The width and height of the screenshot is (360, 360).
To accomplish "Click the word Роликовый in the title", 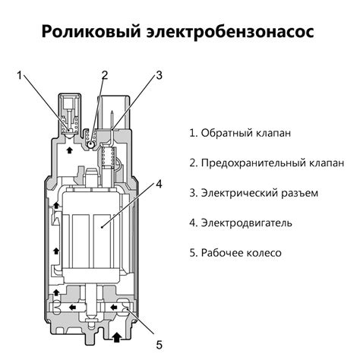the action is click(x=90, y=32).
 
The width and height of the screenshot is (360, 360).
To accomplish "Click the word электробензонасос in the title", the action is click(x=230, y=32).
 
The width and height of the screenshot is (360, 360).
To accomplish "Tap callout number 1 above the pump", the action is click(x=20, y=75).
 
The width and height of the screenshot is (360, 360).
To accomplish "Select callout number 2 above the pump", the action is click(x=105, y=75).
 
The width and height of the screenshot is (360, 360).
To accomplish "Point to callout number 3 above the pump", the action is click(x=159, y=75).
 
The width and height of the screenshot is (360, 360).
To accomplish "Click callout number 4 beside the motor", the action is click(x=159, y=184).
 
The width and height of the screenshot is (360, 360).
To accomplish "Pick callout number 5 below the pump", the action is click(x=159, y=345).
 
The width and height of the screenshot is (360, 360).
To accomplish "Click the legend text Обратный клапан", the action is click(x=240, y=133).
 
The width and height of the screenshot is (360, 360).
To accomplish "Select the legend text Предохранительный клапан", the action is click(x=267, y=163).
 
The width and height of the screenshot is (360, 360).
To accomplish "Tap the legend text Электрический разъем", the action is click(x=254, y=193).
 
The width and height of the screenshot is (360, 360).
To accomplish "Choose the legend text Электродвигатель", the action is click(x=241, y=223).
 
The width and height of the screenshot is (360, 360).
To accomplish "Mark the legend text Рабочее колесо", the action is click(x=235, y=253).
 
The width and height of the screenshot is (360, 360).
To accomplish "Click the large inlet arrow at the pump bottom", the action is click(x=116, y=337).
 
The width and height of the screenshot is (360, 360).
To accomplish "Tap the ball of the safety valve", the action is click(x=90, y=145).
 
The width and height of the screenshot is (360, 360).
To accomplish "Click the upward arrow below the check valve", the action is click(x=69, y=150).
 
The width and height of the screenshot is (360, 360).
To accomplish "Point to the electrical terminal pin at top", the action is click(x=112, y=120).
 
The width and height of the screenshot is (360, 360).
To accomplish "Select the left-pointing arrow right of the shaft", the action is click(x=113, y=308).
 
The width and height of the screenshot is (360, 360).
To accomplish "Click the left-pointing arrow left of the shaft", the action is click(x=73, y=308).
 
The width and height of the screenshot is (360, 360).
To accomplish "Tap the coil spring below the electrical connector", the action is click(x=109, y=157).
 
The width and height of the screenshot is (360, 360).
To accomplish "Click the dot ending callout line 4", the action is click(x=102, y=227).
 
